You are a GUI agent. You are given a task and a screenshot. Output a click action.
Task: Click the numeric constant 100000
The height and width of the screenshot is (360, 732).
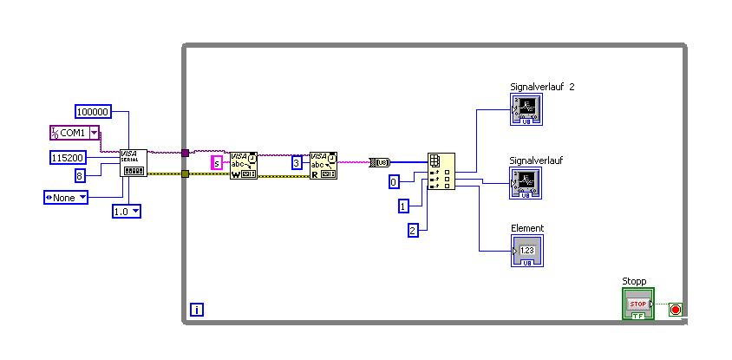pyautogui.click(x=94, y=111)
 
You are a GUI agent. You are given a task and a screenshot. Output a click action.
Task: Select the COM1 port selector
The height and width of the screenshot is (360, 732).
pyautogui.click(x=74, y=133)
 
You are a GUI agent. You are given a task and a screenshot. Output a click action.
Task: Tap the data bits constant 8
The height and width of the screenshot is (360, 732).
pyautogui.click(x=79, y=176)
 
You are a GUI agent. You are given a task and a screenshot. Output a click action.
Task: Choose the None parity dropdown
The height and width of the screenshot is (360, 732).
pyautogui.click(x=66, y=197)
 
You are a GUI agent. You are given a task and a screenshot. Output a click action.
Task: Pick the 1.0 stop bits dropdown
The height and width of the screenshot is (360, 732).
pyautogui.click(x=126, y=211)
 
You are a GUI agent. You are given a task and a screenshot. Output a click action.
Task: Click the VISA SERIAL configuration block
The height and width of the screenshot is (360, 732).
pyautogui.click(x=134, y=162)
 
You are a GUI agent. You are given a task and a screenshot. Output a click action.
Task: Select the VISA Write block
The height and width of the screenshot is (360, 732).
pyautogui.click(x=244, y=165)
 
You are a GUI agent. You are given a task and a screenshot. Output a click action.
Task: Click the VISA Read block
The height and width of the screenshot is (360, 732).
pyautogui.click(x=323, y=165)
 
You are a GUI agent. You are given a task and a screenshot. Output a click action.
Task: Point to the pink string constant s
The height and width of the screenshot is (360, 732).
pyautogui.click(x=217, y=163)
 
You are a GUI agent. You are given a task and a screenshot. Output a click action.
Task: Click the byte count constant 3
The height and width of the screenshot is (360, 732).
pyautogui.click(x=296, y=162)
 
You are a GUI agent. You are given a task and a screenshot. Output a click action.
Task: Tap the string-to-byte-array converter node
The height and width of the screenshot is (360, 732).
pyautogui.click(x=379, y=162)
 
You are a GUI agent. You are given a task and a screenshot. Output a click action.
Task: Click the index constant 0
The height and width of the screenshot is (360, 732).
pyautogui.click(x=394, y=181)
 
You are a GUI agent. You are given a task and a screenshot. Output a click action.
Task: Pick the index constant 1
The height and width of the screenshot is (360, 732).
pyautogui.click(x=403, y=206)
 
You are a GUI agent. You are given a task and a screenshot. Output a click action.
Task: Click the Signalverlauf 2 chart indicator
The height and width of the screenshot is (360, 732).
pyautogui.click(x=525, y=109)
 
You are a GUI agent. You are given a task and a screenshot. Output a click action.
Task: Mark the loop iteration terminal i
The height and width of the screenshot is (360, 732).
pyautogui.click(x=197, y=309)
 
